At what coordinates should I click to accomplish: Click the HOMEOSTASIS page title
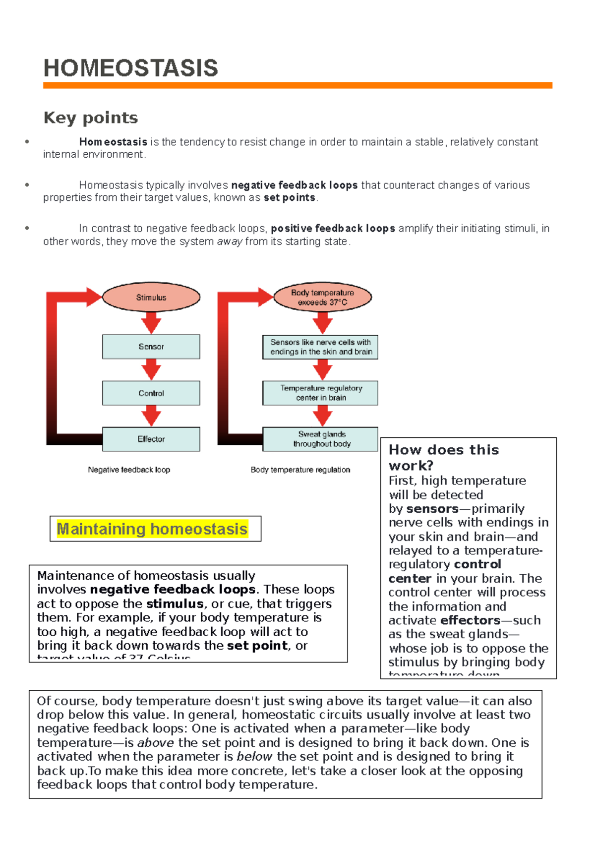pyautogui.click(x=130, y=68)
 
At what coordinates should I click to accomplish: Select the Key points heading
pyautogui.click(x=91, y=118)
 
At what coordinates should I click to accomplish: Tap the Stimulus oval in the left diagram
pyautogui.click(x=151, y=298)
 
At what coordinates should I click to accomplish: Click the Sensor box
pyautogui.click(x=151, y=347)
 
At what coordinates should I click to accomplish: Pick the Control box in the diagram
pyautogui.click(x=151, y=393)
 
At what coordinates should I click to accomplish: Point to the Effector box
pyautogui.click(x=151, y=439)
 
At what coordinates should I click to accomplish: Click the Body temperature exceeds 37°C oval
pyautogui.click(x=322, y=298)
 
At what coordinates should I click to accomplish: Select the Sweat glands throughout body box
pyautogui.click(x=321, y=439)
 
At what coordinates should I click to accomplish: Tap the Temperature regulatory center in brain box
pyautogui.click(x=321, y=393)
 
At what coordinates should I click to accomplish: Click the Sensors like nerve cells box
pyautogui.click(x=321, y=347)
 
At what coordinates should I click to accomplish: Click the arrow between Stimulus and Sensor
pyautogui.click(x=151, y=322)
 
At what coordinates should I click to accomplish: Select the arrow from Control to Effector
pyautogui.click(x=151, y=416)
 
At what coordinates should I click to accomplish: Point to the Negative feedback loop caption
pyautogui.click(x=129, y=470)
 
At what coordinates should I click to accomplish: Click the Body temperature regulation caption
pyautogui.click(x=300, y=470)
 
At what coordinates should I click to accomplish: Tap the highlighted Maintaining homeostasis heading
pyautogui.click(x=152, y=529)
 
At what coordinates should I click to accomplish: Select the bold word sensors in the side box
pyautogui.click(x=432, y=509)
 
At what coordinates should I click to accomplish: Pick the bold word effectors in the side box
pyautogui.click(x=470, y=620)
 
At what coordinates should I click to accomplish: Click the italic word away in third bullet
pyautogui.click(x=230, y=241)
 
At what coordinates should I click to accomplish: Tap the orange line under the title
pyautogui.click(x=297, y=86)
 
